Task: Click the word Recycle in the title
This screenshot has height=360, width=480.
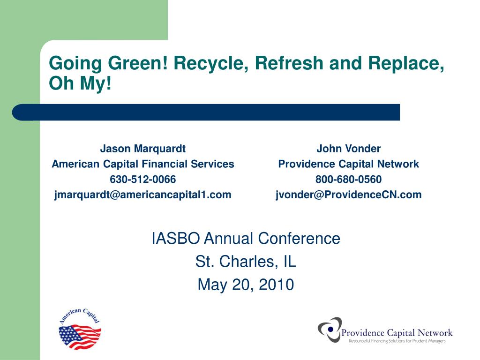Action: pos(211,63)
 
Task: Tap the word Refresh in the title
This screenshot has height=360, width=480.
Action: pos(289,63)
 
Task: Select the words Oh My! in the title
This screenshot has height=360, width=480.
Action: pos(80,83)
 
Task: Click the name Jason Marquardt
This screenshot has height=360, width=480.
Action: pos(142,149)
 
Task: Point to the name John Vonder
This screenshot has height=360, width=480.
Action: pos(348,149)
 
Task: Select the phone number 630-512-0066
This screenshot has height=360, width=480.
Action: pos(142,180)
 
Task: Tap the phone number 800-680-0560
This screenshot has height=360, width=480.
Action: pos(348,180)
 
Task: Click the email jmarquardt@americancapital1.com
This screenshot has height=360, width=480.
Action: pos(142,195)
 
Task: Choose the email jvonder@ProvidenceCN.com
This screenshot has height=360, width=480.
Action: pos(348,195)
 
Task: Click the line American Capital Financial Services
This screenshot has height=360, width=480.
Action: pos(142,164)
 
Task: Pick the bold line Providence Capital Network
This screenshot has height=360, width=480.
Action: pos(348,164)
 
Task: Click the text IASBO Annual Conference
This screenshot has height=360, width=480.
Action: pos(246,239)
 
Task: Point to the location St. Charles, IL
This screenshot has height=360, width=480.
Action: pos(246,262)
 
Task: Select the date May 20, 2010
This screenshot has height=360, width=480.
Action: pos(246,285)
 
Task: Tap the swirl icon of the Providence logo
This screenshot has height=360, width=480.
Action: pos(330,330)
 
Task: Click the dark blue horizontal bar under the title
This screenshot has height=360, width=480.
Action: pos(206,112)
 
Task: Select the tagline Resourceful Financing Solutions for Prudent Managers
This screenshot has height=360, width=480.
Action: pos(397,341)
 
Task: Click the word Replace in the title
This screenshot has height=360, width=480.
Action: pos(406,63)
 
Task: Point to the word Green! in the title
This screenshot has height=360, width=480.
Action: pos(138,63)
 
